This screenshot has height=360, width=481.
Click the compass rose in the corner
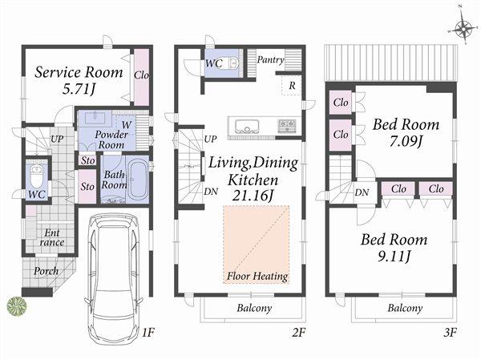click(463, 30)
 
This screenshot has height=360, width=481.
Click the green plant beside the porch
click(16, 305)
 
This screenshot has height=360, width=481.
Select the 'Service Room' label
click(79, 72)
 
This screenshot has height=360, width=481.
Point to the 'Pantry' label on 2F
click(271, 59)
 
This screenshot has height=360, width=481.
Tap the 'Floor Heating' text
click(257, 276)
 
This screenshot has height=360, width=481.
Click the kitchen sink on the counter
click(245, 126)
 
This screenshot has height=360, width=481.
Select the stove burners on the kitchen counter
click(286, 126)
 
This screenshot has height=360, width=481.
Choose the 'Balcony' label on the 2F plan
click(254, 308)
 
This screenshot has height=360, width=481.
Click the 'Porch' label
click(46, 271)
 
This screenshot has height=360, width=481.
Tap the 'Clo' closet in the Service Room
click(141, 75)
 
